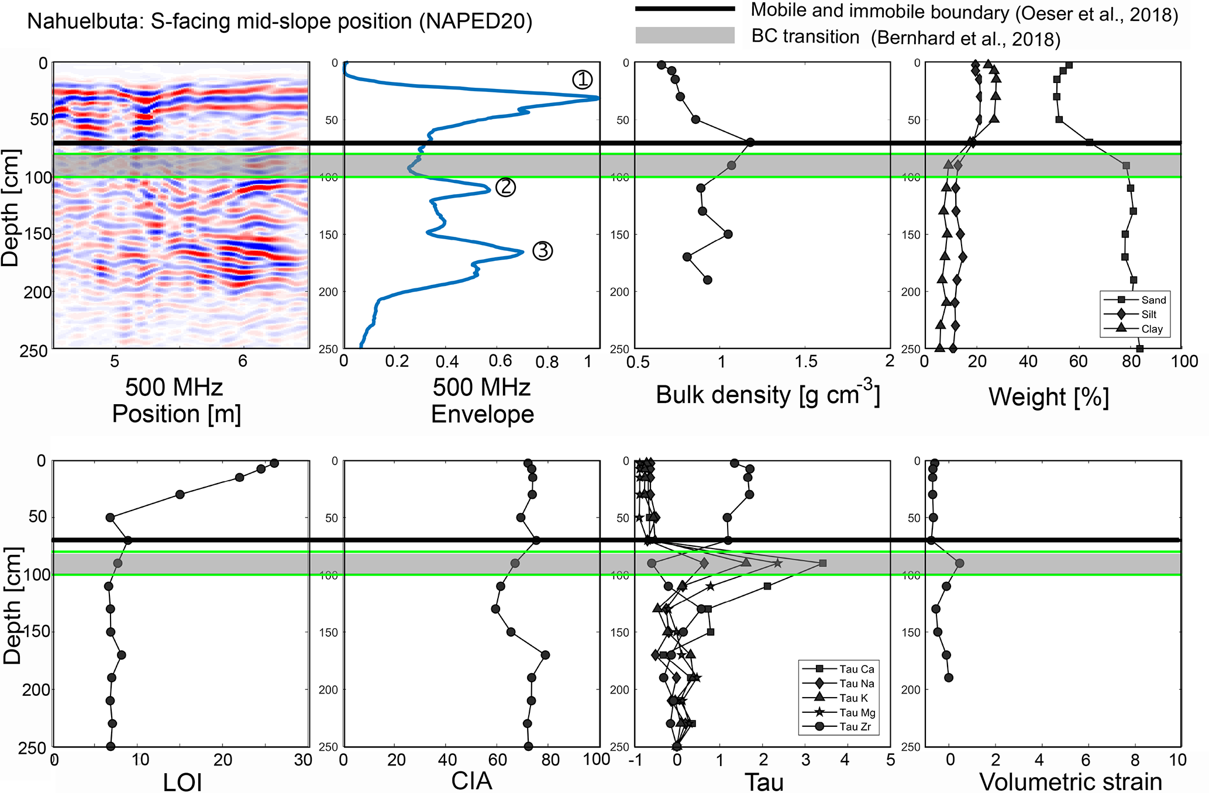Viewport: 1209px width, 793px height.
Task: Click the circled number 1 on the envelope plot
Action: tap(582, 80)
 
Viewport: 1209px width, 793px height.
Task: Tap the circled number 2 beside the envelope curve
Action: tap(505, 187)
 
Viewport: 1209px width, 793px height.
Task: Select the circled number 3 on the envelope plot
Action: tap(543, 251)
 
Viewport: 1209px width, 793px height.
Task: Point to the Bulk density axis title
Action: tap(767, 395)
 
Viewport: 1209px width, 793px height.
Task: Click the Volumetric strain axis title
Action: tap(1070, 781)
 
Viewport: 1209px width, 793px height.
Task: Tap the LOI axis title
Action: tap(182, 782)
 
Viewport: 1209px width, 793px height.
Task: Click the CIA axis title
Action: tap(471, 781)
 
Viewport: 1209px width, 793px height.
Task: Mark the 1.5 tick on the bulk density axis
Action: tap(806, 362)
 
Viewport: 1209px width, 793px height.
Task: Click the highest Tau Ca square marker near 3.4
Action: tap(822, 563)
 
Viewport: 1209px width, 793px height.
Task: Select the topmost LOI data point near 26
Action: tap(274, 463)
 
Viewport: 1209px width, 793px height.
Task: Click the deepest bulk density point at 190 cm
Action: tap(707, 280)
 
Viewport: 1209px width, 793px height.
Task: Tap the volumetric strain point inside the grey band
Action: tap(959, 563)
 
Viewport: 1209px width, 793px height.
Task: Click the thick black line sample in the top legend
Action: tap(685, 9)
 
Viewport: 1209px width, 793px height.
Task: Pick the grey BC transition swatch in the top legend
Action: tap(685, 36)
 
